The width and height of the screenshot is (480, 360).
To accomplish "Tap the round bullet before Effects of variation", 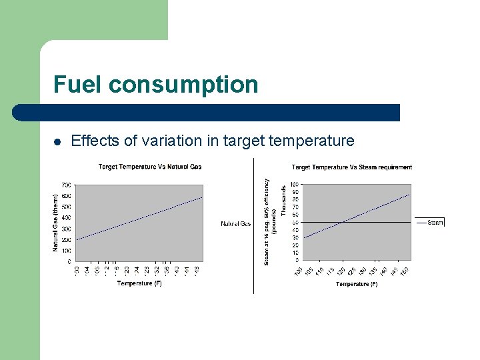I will (58, 141).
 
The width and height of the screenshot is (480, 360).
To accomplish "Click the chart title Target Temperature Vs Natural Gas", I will (150, 167).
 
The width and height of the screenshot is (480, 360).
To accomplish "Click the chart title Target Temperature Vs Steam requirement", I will (351, 167).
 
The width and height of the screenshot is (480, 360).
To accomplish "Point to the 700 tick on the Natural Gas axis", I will (67, 185).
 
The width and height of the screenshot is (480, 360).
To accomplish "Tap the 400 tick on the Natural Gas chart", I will (67, 217).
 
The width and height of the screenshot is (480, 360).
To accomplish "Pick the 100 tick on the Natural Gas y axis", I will (67, 251).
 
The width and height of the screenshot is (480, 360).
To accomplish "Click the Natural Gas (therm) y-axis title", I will (56, 222).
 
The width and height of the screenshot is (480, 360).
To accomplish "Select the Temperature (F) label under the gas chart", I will (139, 283).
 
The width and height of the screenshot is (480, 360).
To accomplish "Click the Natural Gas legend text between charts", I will (235, 224).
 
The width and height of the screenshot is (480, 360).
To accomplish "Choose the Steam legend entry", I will (435, 223).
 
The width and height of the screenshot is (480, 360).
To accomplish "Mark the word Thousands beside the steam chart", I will (283, 200).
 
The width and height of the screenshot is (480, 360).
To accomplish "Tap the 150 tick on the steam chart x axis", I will (404, 270).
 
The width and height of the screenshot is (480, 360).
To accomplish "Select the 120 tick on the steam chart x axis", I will (341, 270).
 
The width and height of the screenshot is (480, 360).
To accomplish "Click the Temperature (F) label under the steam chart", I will (357, 284).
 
